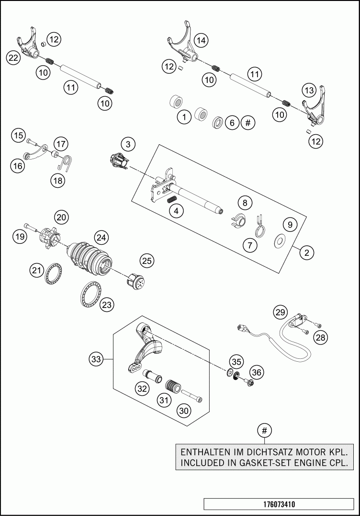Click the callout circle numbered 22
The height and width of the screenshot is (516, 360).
pyautogui.click(x=13, y=58)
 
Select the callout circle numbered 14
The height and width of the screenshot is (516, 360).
pyautogui.click(x=201, y=41)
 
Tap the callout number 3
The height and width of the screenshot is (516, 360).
pyautogui.click(x=128, y=143)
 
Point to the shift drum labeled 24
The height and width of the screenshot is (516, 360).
pyautogui.click(x=90, y=258)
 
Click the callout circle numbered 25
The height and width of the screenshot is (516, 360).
pyautogui.click(x=147, y=261)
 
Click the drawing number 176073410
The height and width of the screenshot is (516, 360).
pyautogui.click(x=279, y=504)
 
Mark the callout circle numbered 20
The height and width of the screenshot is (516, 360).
pyautogui.click(x=61, y=217)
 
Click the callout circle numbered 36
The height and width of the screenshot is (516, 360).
pyautogui.click(x=257, y=372)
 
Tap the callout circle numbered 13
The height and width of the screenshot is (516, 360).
pyautogui.click(x=309, y=90)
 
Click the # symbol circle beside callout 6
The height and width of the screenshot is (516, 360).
pyautogui.click(x=247, y=123)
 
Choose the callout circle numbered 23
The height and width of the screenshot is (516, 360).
pyautogui.click(x=107, y=304)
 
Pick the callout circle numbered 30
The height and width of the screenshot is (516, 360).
pyautogui.click(x=184, y=410)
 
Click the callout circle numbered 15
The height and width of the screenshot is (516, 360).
pyautogui.click(x=18, y=136)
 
